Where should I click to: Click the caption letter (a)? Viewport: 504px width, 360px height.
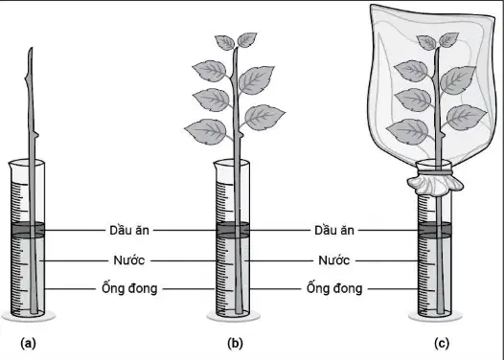pos(28,344)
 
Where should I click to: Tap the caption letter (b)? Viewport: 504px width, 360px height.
pos(235,344)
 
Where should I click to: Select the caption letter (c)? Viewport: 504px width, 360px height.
pos(442,344)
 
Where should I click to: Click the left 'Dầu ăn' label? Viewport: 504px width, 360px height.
pos(129,230)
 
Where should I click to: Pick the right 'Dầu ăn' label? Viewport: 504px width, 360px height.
pos(334,230)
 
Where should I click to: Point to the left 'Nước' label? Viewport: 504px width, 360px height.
pos(129,260)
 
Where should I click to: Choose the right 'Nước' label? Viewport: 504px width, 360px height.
pos(334,260)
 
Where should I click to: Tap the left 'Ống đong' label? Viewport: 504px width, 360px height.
pos(129,288)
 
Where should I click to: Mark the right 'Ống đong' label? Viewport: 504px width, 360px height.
pos(334,288)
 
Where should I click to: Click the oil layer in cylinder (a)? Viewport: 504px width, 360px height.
pos(28,229)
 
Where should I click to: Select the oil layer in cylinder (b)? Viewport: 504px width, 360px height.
pos(233,229)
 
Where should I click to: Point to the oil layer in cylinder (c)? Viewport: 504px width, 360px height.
pos(435,229)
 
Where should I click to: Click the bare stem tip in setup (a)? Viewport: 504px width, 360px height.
pos(31,49)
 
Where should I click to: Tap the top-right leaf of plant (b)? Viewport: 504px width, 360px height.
pos(247,40)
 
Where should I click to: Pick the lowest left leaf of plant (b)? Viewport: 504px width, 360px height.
pos(206,131)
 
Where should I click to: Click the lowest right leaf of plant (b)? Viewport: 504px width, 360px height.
pos(264,117)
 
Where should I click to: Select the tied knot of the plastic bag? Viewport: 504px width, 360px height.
pos(435,183)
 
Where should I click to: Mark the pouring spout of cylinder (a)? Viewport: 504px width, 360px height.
pos(11,166)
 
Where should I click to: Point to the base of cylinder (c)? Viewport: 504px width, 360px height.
pos(435,316)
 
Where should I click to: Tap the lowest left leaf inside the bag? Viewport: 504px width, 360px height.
pos(407,131)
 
